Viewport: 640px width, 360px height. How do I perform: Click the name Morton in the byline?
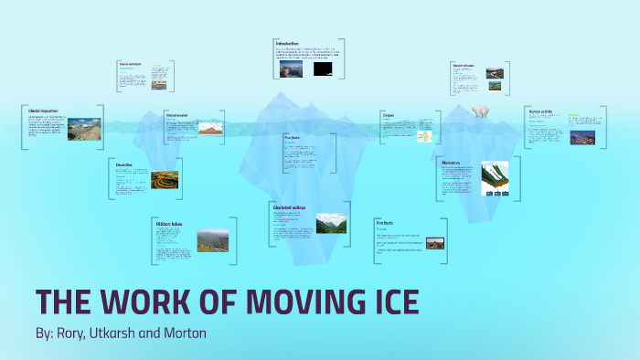click(184, 334)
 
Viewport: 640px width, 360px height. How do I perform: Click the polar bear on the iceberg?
click(482, 111)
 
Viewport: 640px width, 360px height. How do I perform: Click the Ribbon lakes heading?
click(170, 223)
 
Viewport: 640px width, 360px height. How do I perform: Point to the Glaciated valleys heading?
click(289, 207)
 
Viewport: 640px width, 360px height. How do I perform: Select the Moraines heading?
click(451, 163)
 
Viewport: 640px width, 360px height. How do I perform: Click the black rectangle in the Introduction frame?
click(322, 69)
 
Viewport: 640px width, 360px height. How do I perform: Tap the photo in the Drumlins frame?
click(165, 180)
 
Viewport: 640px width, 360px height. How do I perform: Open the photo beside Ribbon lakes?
click(213, 239)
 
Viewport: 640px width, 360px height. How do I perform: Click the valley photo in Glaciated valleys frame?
click(331, 223)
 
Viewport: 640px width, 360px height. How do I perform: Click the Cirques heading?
click(389, 115)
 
